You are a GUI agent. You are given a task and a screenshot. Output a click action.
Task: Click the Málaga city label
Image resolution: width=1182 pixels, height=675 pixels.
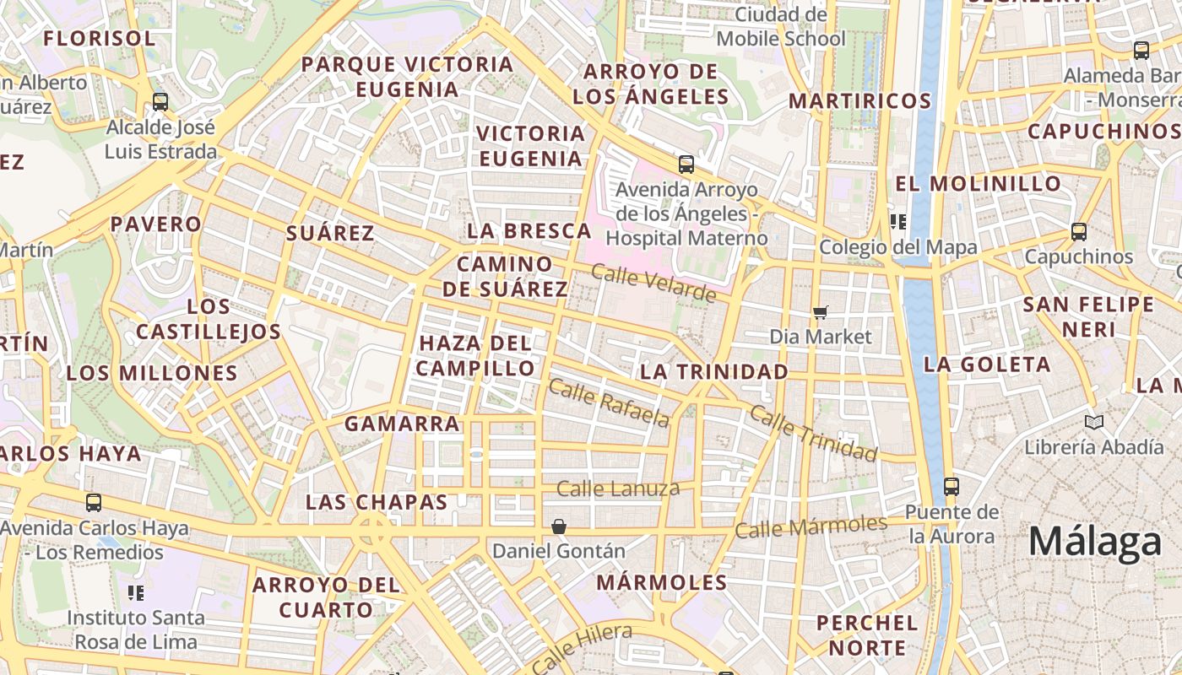(1095, 541)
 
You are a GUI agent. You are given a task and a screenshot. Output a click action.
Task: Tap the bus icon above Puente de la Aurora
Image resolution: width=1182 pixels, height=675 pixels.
(952, 486)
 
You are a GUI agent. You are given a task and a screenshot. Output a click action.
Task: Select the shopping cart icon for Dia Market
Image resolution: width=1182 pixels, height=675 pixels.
(820, 313)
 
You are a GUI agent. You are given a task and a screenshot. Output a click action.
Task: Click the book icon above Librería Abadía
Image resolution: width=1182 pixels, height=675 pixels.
(1094, 422)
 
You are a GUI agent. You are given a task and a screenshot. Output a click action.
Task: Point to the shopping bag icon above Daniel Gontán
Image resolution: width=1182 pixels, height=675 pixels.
(558, 526)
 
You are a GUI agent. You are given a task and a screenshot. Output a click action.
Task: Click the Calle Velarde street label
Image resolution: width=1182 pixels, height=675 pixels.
(653, 283)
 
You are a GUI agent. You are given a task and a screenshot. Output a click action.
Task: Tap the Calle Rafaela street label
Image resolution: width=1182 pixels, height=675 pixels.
(609, 403)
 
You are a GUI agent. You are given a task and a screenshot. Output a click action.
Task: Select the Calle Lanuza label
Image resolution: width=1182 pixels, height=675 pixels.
(618, 489)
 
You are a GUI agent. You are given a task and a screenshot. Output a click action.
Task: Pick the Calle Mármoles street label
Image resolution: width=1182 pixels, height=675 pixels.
(811, 526)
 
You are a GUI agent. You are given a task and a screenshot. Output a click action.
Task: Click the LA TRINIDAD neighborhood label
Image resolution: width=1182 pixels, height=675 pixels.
(714, 371)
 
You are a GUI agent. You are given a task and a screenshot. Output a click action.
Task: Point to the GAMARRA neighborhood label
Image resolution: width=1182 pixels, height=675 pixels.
(403, 424)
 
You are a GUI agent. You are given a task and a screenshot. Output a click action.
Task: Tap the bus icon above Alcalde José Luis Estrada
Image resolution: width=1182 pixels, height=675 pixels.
(160, 102)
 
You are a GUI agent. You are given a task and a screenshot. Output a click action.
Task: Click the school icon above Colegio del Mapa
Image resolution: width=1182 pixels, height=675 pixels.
(898, 222)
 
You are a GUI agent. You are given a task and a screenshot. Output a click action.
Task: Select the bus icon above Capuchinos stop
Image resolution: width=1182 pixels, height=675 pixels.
(1078, 231)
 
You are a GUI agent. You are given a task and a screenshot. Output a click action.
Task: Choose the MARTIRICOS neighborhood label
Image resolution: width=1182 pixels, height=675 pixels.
(859, 101)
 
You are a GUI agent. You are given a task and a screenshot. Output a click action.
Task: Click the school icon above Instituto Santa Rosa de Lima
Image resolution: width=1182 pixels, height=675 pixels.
(135, 593)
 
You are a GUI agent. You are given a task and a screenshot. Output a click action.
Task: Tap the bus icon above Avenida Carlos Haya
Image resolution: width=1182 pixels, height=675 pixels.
(94, 503)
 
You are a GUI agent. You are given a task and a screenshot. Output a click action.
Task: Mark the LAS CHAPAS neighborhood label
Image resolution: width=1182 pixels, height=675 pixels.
(377, 502)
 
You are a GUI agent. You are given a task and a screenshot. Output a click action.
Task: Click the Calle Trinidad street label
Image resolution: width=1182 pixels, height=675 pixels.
(813, 433)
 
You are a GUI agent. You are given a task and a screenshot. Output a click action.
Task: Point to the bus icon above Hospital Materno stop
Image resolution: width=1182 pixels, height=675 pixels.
(686, 165)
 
